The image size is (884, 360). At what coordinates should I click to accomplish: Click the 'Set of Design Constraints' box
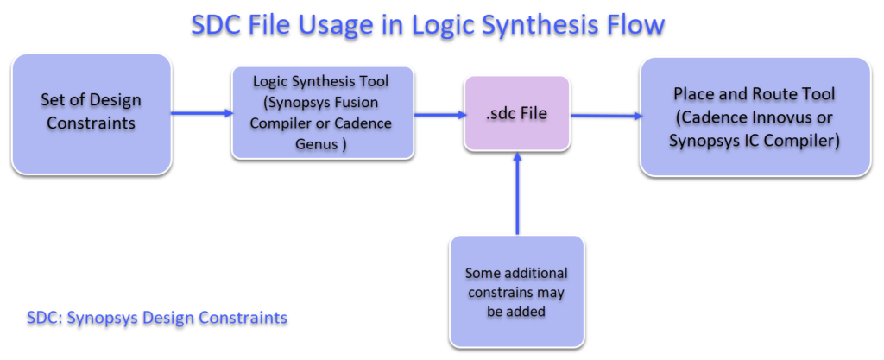[x=91, y=113]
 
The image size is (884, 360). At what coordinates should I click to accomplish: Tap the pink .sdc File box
[x=516, y=114]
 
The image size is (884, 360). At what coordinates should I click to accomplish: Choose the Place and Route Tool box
[x=754, y=117]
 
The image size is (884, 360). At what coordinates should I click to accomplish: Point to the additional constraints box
[x=516, y=292]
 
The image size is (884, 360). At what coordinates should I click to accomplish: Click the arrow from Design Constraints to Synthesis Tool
[x=201, y=112]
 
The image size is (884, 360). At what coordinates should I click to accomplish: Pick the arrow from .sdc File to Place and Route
[x=604, y=115]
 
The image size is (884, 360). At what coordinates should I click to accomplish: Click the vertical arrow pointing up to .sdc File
[x=516, y=194]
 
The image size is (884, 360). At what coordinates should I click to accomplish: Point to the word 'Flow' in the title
[x=634, y=24]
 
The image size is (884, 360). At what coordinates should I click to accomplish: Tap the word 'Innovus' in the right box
[x=783, y=117]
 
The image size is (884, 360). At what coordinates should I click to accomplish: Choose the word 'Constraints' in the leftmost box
[x=91, y=123]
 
